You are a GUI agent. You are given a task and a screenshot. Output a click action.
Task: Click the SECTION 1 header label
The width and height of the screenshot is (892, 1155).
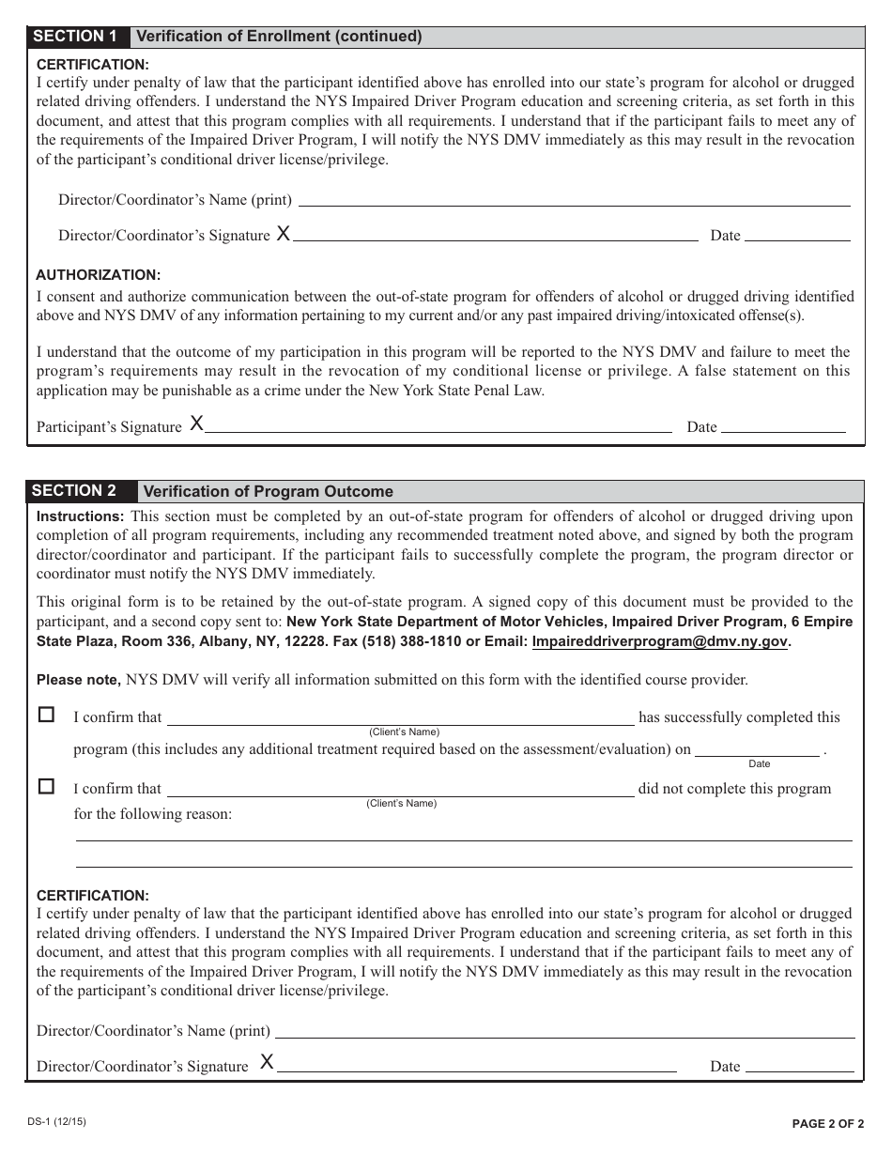(x=75, y=37)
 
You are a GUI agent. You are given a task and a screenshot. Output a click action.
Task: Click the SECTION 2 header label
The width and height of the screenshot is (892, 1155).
(x=75, y=491)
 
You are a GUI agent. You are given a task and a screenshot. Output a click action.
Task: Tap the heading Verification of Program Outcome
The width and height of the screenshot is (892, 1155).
(x=268, y=492)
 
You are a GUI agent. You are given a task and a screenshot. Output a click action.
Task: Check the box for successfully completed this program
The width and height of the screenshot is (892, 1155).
(x=46, y=715)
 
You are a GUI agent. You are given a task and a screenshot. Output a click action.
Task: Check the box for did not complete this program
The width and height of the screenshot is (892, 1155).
(x=46, y=786)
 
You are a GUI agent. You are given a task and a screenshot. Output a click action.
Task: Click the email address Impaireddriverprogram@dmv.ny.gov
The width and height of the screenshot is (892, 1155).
(x=659, y=642)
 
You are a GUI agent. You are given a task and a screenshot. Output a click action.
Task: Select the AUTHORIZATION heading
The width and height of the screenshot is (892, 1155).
(x=99, y=275)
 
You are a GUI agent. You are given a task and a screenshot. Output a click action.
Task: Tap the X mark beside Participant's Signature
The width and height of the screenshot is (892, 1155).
(x=196, y=424)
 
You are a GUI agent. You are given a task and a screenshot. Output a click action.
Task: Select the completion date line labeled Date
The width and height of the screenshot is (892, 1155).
(x=757, y=753)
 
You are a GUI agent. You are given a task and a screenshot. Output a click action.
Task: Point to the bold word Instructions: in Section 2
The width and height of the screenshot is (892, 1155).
(x=80, y=516)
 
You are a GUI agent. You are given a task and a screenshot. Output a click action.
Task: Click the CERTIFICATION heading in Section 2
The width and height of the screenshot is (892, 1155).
(x=92, y=896)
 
